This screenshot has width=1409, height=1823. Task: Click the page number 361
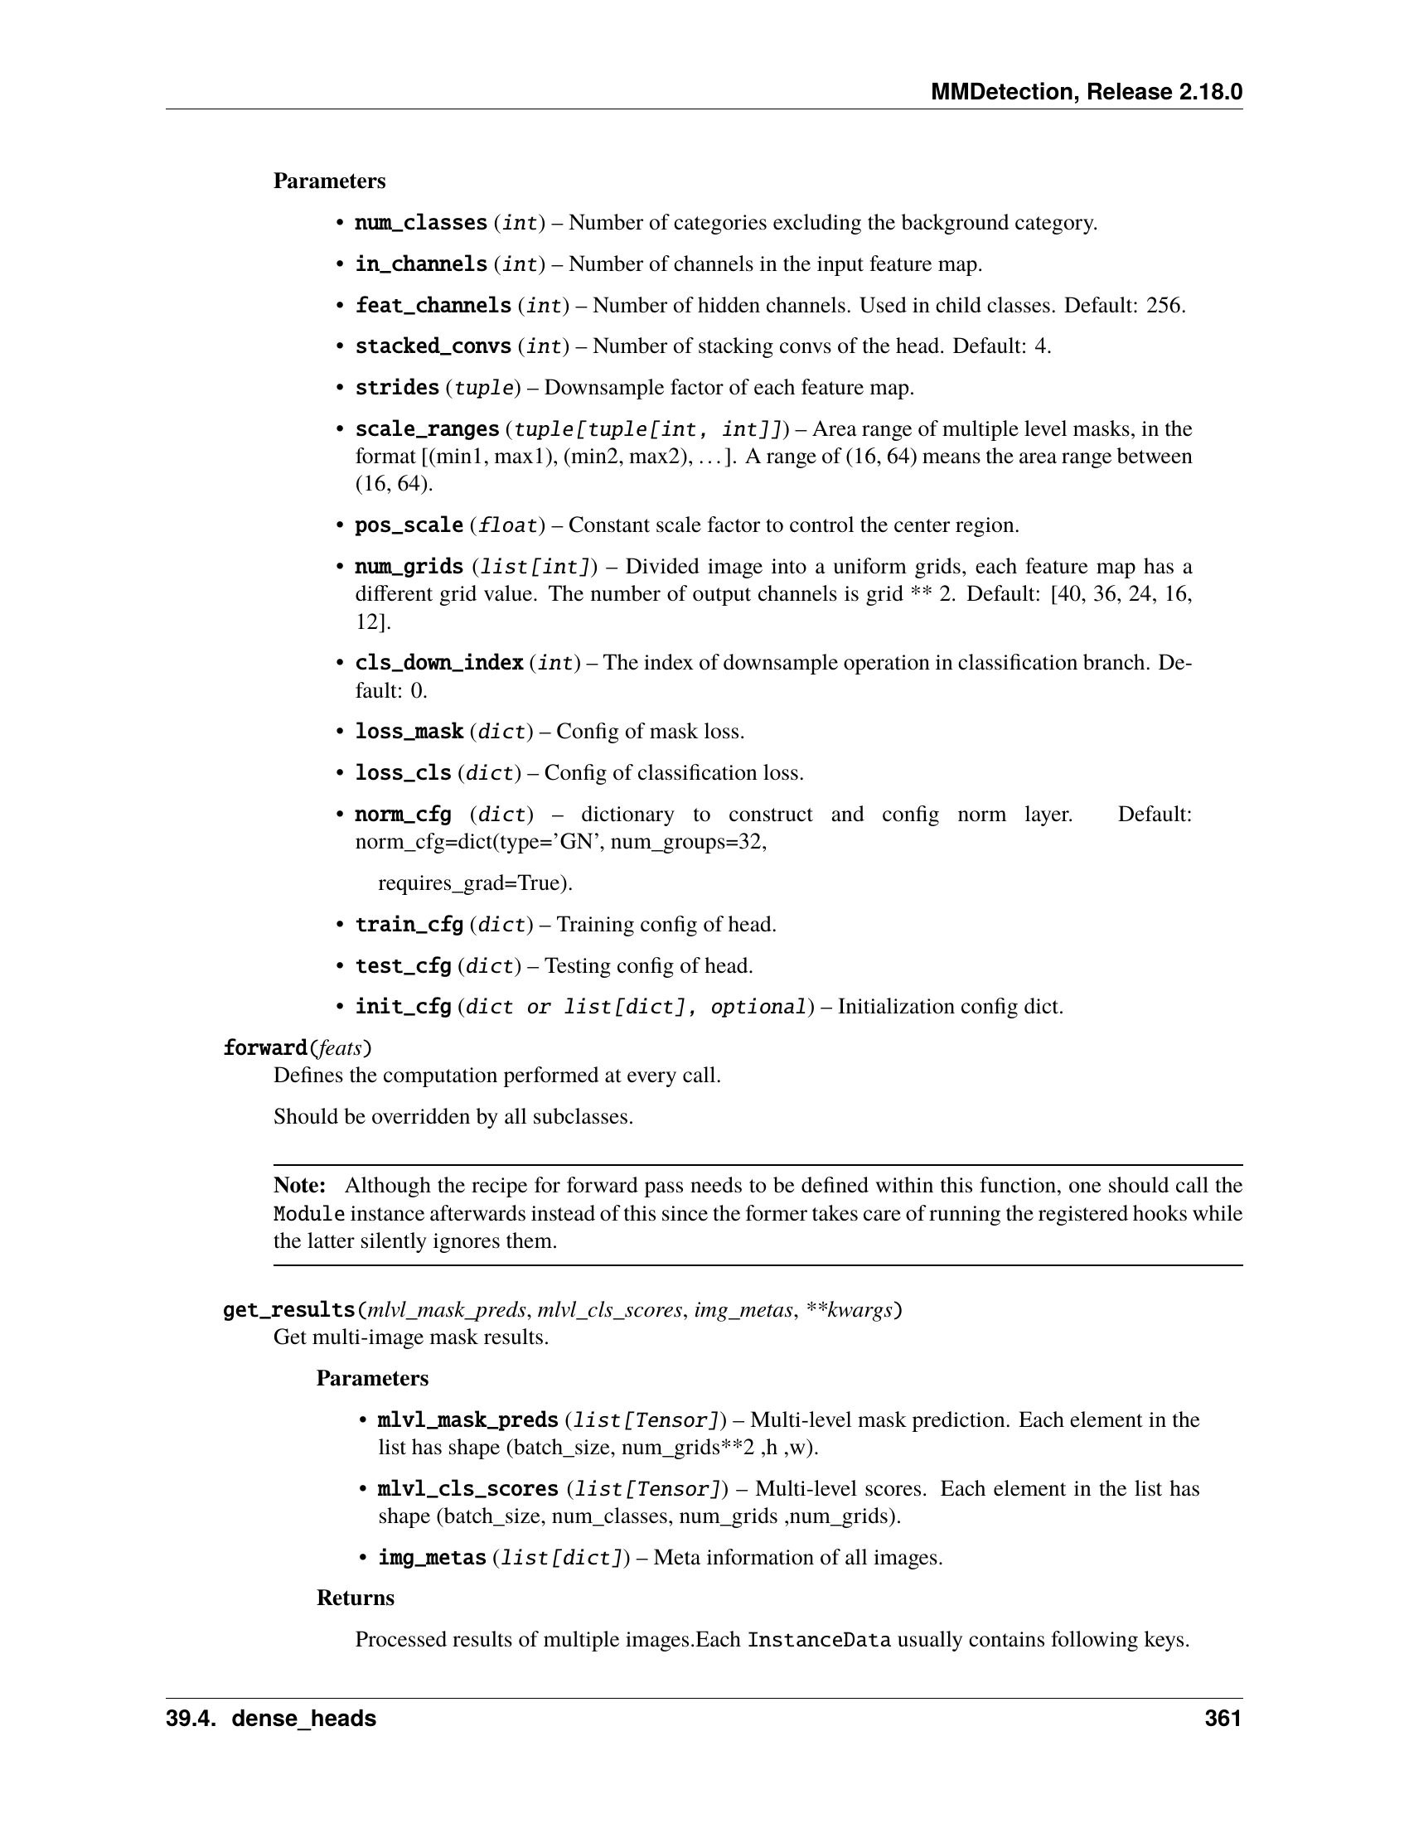[1223, 1719]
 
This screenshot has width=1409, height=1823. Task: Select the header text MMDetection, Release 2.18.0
[1086, 92]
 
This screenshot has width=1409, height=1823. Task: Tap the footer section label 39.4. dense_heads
[270, 1719]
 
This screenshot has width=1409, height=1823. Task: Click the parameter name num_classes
[421, 223]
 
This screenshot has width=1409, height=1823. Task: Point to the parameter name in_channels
[421, 264]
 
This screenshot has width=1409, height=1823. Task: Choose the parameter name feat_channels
[433, 306]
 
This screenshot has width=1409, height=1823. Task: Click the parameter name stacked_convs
[433, 346]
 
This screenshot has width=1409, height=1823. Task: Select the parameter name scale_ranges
[427, 429]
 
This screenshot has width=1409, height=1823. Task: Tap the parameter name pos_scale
[409, 525]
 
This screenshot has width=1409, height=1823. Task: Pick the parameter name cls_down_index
[439, 663]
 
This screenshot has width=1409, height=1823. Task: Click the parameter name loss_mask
[409, 732]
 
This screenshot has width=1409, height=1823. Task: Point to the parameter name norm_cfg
[403, 814]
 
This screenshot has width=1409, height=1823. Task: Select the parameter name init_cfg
[403, 1007]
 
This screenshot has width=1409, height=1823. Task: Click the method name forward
[265, 1047]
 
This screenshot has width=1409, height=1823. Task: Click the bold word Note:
[300, 1186]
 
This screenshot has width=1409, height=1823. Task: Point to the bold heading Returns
[356, 1598]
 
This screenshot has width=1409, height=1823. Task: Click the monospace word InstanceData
[819, 1639]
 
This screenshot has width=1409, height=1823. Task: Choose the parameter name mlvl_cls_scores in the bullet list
[468, 1488]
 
